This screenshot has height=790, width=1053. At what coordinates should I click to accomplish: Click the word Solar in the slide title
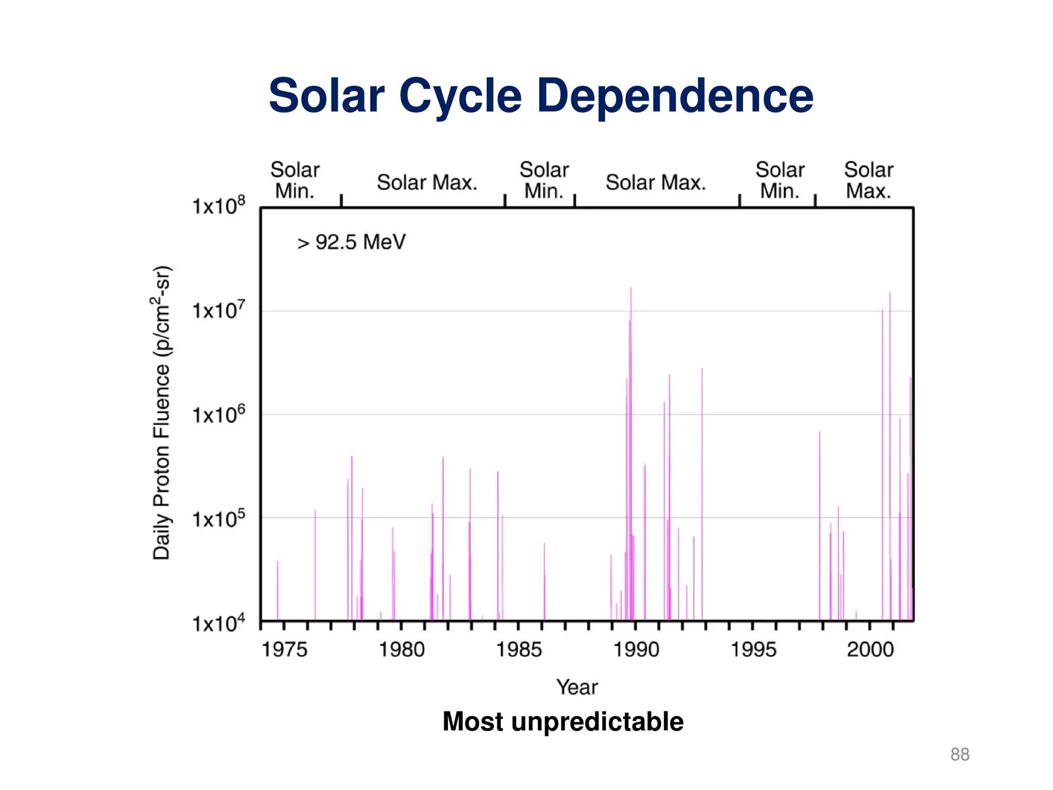(326, 96)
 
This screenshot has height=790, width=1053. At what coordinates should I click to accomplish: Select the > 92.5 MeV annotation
(351, 242)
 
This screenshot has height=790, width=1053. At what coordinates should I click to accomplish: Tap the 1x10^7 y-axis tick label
(219, 310)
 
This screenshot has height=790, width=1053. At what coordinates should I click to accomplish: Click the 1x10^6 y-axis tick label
(219, 415)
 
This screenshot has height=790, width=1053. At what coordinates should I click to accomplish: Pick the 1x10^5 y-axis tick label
(219, 518)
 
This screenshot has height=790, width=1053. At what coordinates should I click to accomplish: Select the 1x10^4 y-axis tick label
(219, 623)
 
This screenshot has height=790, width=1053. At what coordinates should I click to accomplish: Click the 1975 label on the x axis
(284, 650)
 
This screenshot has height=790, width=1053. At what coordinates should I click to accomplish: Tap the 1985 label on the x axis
(519, 650)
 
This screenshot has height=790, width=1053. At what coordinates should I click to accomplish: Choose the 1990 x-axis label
(636, 650)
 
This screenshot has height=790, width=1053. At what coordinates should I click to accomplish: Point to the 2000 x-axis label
(870, 650)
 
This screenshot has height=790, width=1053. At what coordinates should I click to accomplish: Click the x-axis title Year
(577, 687)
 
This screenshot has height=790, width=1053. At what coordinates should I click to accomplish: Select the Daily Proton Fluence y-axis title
(161, 412)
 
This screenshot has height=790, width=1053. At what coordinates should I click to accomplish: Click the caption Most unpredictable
(563, 721)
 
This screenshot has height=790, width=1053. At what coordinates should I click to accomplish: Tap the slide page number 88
(959, 755)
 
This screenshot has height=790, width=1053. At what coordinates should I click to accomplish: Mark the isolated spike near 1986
(544, 581)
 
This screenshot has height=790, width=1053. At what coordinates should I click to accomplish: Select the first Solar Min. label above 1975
(295, 181)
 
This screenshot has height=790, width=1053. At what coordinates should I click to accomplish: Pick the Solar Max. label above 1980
(427, 183)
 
